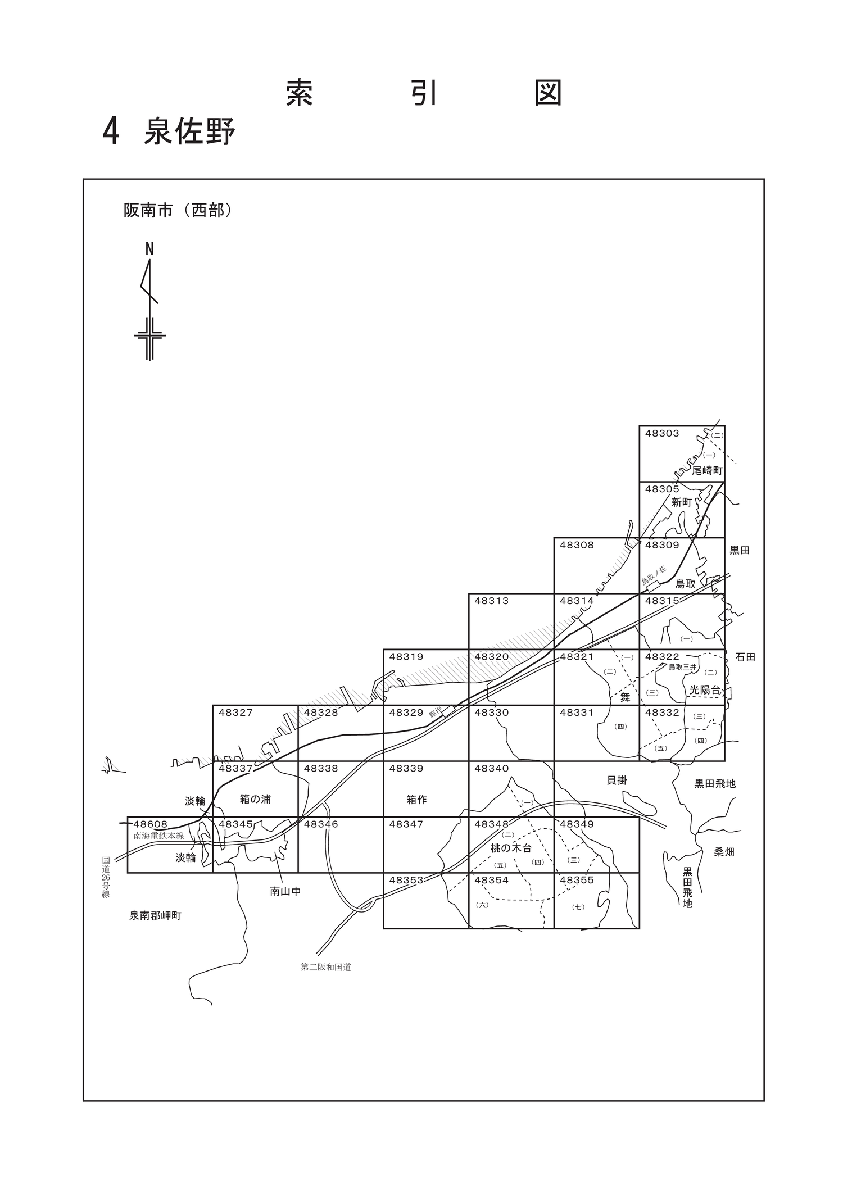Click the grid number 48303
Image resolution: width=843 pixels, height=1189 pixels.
(x=662, y=433)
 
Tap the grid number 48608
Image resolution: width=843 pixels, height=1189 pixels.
(x=151, y=824)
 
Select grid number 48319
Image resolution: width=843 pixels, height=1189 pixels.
(x=406, y=656)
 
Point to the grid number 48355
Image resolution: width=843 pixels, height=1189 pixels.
(x=577, y=880)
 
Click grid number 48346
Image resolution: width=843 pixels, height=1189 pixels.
(x=321, y=824)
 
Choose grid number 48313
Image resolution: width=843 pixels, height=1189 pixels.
(x=492, y=601)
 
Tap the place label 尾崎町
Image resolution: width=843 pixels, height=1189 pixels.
(x=707, y=470)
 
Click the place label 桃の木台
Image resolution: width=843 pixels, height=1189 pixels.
(x=511, y=848)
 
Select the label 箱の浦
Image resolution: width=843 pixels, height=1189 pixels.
(x=255, y=799)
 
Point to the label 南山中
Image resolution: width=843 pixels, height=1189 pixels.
(x=285, y=891)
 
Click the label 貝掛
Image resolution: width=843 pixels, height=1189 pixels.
(x=617, y=780)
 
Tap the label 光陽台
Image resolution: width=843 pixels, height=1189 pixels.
(x=705, y=690)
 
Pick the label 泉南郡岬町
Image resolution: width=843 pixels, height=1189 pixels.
(x=156, y=916)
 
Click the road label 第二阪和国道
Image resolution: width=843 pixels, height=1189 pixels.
(x=326, y=968)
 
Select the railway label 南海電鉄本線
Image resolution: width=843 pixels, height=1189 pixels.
(x=158, y=836)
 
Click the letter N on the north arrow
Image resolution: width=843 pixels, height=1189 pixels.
(x=149, y=249)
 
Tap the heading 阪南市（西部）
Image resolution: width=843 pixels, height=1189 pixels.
(x=178, y=210)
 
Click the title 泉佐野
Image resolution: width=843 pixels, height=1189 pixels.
(x=189, y=131)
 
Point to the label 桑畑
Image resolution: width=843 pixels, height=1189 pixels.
(x=724, y=852)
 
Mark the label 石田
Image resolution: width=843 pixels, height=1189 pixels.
(x=745, y=656)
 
